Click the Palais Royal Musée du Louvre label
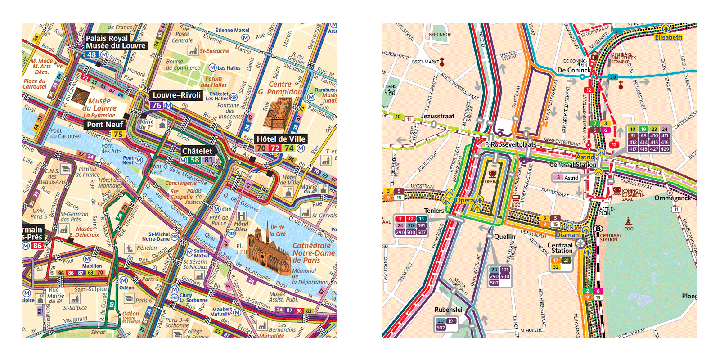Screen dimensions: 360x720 (x=116, y=42)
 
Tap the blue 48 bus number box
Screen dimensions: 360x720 (x=92, y=54)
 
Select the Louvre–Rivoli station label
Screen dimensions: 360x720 (x=176, y=95)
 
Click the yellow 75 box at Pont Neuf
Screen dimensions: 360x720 (x=118, y=134)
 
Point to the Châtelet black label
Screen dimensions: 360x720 (x=197, y=151)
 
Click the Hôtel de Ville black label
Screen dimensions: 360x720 (x=281, y=139)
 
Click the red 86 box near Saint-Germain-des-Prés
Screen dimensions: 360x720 (x=37, y=246)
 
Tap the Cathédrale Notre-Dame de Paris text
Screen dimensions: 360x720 (x=313, y=252)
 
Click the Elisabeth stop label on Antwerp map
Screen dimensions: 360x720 (x=668, y=37)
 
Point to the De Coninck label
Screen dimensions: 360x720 (x=574, y=70)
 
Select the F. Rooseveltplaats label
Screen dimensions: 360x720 (x=511, y=144)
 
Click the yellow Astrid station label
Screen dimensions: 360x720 (x=585, y=157)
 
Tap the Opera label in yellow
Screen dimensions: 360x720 (x=465, y=200)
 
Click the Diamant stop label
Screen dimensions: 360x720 (x=568, y=235)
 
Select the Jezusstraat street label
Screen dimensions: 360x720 (x=437, y=116)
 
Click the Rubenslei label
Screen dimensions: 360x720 (x=448, y=310)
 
